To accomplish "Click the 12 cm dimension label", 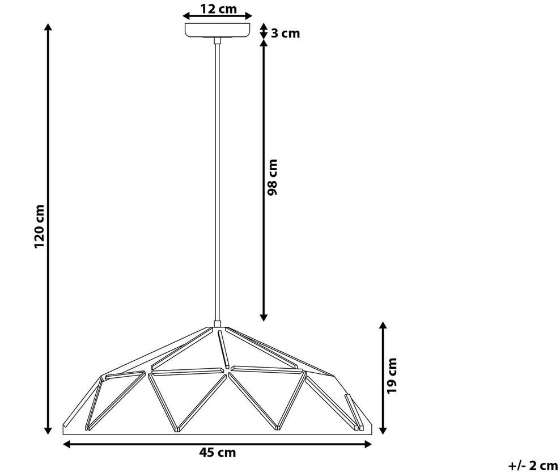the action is pyautogui.click(x=218, y=9).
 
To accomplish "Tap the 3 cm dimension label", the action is pyautogui.click(x=285, y=33).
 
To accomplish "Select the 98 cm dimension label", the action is pyautogui.click(x=272, y=178).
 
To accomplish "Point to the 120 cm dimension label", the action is pyautogui.click(x=39, y=226).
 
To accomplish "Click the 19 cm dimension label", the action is pyautogui.click(x=392, y=376).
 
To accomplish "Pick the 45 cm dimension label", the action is pyautogui.click(x=217, y=453).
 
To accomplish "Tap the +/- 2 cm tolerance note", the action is pyautogui.click(x=533, y=466).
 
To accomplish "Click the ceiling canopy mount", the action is pyautogui.click(x=217, y=30).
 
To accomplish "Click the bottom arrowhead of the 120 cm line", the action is pyautogui.click(x=48, y=430).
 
